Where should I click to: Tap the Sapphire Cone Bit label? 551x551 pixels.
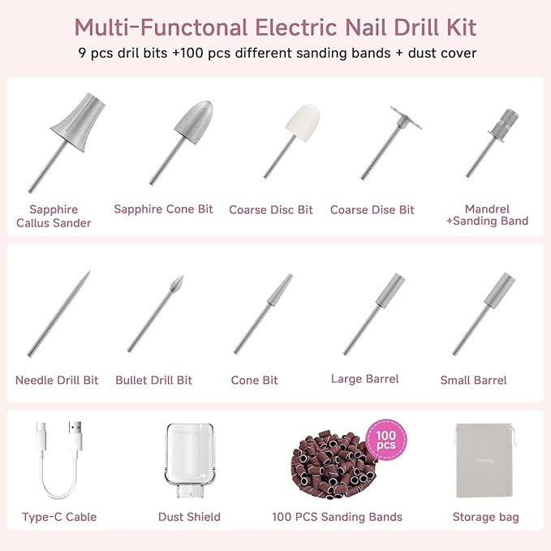pyautogui.click(x=163, y=209)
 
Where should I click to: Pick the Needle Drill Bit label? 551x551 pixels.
pyautogui.click(x=57, y=380)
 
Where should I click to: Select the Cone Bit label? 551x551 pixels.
pyautogui.click(x=254, y=380)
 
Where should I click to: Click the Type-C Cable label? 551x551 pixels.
pyautogui.click(x=59, y=517)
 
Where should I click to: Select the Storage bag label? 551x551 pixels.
pyautogui.click(x=485, y=517)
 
